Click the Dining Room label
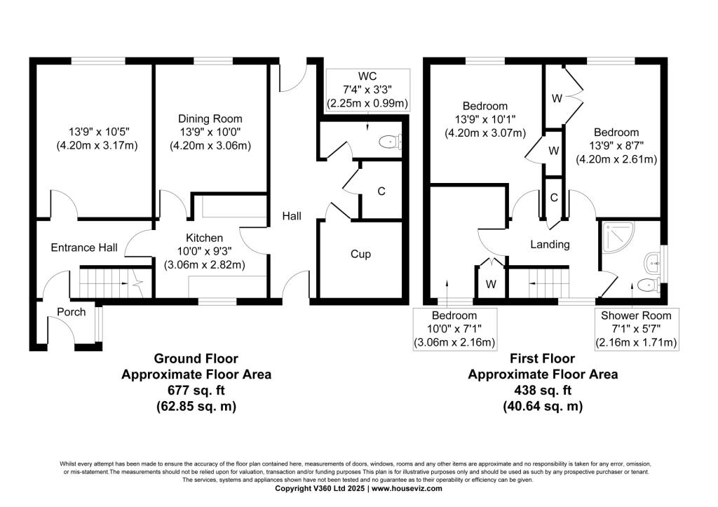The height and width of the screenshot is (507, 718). click(210, 119)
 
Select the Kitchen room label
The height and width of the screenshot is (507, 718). click(204, 238)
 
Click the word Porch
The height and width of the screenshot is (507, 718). click(72, 312)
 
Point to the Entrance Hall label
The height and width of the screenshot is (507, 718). click(83, 248)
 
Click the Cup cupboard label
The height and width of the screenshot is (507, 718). click(360, 254)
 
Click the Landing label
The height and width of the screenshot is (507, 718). click(550, 245)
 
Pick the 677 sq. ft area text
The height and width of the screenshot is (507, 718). click(196, 390)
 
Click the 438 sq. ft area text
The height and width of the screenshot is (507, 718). click(543, 390)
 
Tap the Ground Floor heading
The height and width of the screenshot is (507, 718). click(196, 359)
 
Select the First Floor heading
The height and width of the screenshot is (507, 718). click(543, 359)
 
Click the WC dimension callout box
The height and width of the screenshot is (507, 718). click(367, 89)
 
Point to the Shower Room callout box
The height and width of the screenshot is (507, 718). click(636, 329)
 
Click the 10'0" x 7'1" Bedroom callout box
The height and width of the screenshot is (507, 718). click(454, 329)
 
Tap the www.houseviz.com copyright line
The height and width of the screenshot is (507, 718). click(358, 488)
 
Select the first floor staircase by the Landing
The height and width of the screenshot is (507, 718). click(538, 283)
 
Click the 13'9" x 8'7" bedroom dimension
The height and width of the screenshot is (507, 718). click(616, 153)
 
